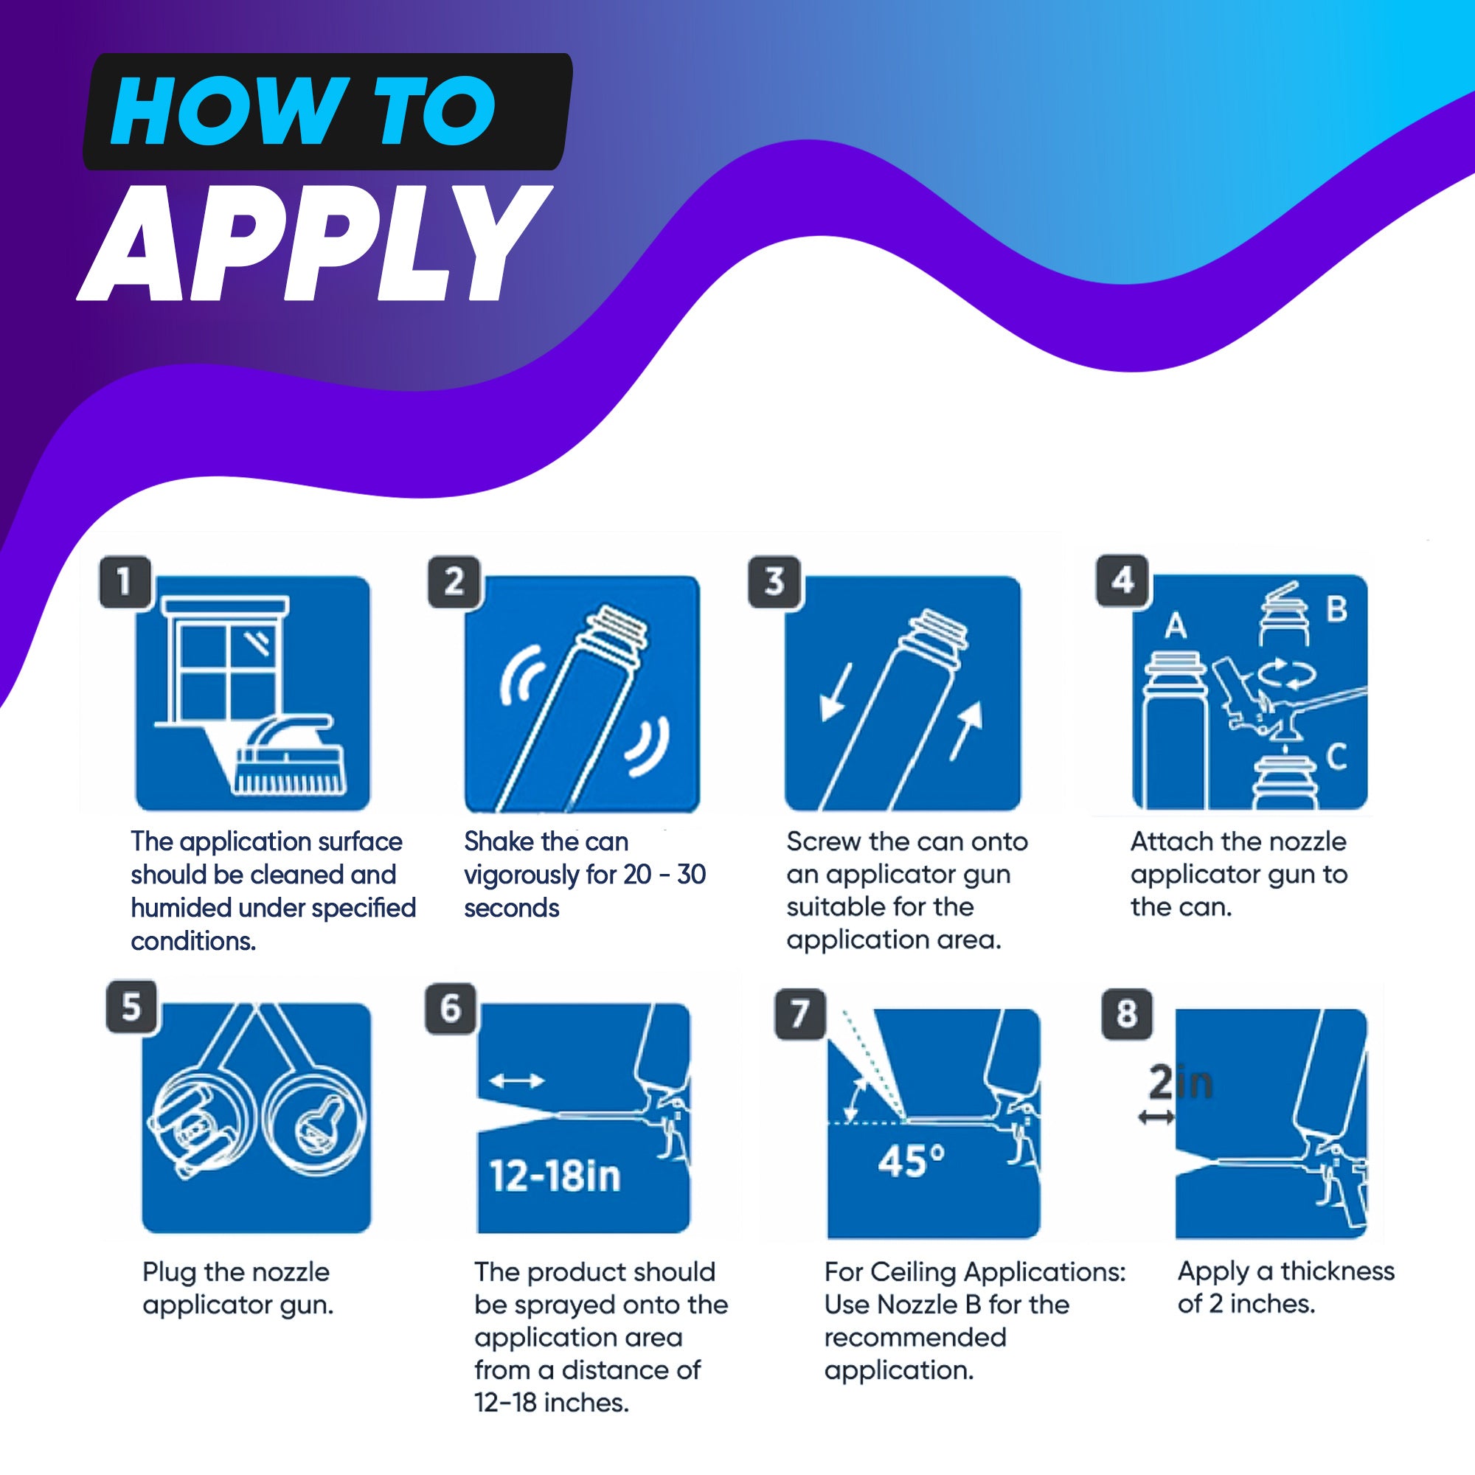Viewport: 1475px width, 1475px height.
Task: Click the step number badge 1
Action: pyautogui.click(x=125, y=583)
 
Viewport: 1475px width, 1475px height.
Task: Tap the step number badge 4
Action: pyautogui.click(x=1122, y=581)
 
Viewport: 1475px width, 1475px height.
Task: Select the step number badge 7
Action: pyautogui.click(x=799, y=1014)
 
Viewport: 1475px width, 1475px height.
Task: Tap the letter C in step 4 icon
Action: pyautogui.click(x=1336, y=757)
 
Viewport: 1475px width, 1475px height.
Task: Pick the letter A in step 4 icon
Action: pyautogui.click(x=1176, y=626)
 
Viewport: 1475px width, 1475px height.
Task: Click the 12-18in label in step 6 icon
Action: pyautogui.click(x=555, y=1176)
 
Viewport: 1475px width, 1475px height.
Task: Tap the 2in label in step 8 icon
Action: pyautogui.click(x=1180, y=1083)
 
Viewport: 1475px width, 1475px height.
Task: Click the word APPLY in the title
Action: pyautogui.click(x=313, y=244)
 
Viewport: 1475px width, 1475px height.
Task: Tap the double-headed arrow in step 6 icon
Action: pyautogui.click(x=516, y=1080)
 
